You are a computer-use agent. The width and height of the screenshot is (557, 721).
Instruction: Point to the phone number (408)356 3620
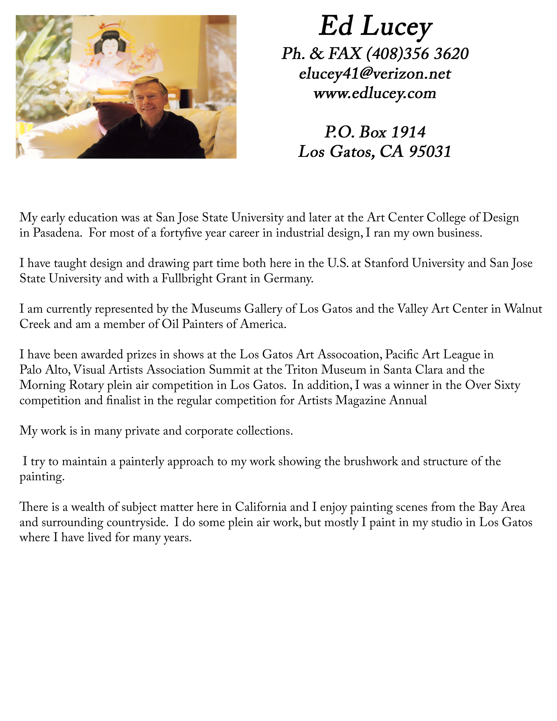click(x=417, y=54)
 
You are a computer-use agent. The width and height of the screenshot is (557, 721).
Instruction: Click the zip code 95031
click(x=430, y=152)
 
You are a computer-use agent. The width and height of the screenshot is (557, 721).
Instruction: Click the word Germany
click(x=288, y=279)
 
